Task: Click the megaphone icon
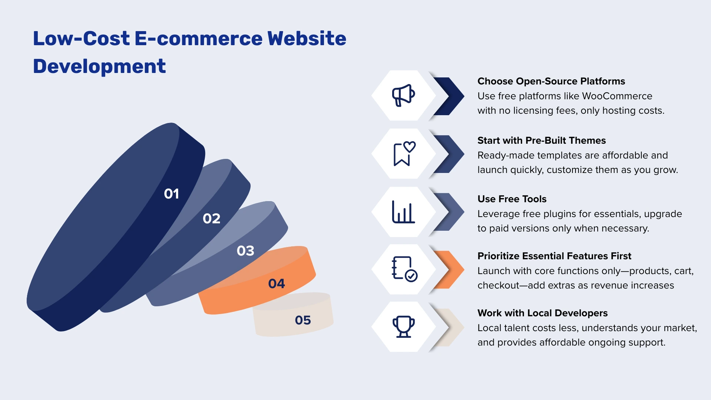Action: click(x=403, y=95)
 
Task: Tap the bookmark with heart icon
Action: click(x=404, y=153)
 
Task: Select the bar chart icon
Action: click(x=403, y=212)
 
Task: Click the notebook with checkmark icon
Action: click(x=404, y=269)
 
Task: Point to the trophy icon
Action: click(x=403, y=327)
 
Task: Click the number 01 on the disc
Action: click(x=171, y=194)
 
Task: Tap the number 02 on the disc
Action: click(x=211, y=219)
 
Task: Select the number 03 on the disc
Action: click(x=246, y=251)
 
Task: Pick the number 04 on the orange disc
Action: click(x=276, y=284)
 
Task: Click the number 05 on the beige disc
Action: click(x=303, y=320)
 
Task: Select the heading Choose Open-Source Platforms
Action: click(x=551, y=81)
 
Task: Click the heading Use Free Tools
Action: click(x=512, y=199)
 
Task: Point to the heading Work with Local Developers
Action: click(x=543, y=313)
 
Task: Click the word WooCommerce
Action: click(x=617, y=96)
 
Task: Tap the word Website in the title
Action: click(x=307, y=39)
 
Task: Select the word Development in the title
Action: click(x=99, y=66)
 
